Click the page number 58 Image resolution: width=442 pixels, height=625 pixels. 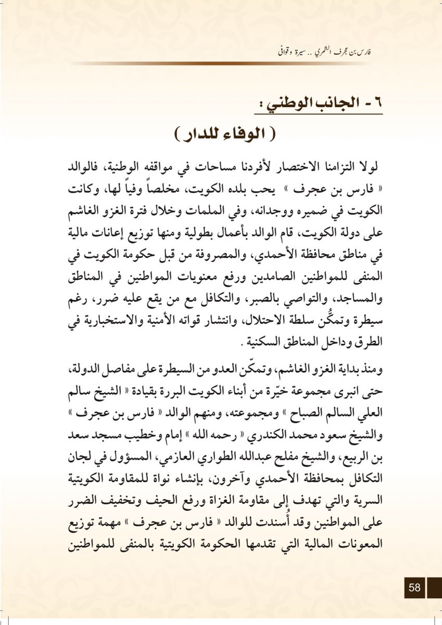point(415,587)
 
